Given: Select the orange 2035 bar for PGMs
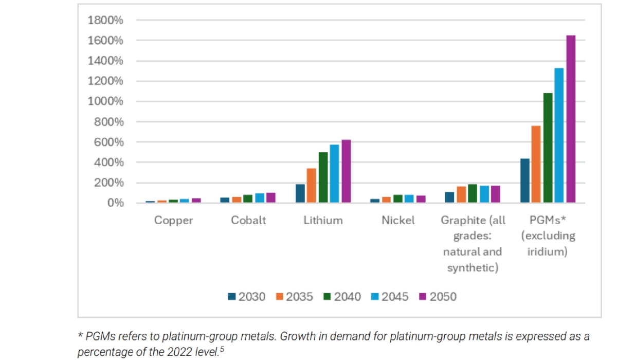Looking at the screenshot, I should click(536, 165).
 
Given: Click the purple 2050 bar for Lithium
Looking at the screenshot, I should click(346, 172).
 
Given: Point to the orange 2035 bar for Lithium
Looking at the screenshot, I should click(312, 186).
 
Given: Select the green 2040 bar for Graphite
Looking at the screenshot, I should click(473, 194).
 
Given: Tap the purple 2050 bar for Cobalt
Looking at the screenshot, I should click(271, 198).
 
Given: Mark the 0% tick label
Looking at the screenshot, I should click(115, 203).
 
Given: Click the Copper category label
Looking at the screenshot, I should click(174, 221).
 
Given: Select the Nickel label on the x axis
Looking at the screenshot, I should click(398, 221).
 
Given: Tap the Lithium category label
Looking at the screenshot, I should click(323, 221).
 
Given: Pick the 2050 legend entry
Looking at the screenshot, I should click(438, 297).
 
